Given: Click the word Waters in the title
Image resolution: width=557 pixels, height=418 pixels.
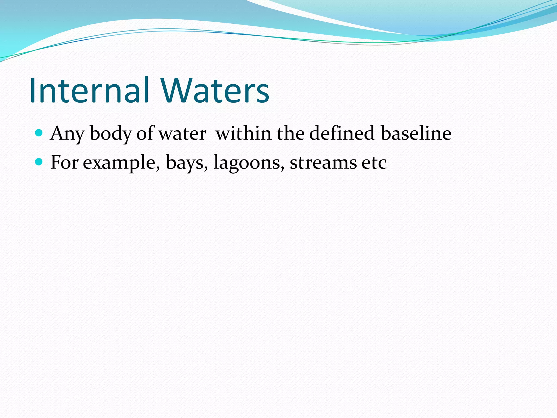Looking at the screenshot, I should (x=215, y=91).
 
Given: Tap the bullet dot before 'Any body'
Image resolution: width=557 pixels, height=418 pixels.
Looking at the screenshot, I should (x=39, y=133).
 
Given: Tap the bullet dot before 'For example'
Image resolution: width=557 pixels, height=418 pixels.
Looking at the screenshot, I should (x=39, y=162).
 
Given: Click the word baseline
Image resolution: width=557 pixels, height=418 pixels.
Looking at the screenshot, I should (x=416, y=133).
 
